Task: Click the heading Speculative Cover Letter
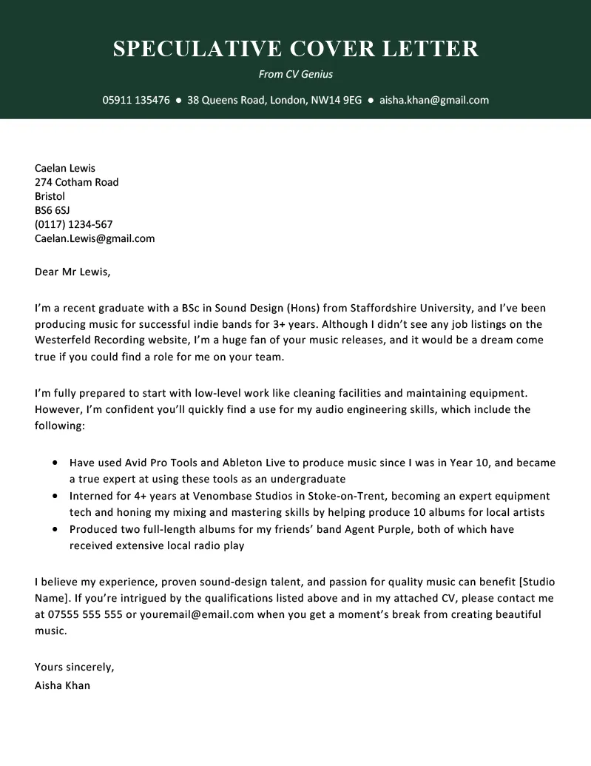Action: pos(296,49)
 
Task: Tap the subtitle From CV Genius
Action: pos(296,74)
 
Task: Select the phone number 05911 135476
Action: pos(136,100)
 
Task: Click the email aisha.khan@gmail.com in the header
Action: pos(434,100)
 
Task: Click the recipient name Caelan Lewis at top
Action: pos(65,168)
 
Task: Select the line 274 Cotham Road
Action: pos(76,182)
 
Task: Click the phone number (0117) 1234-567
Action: pos(73,224)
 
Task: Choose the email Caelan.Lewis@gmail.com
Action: pos(95,238)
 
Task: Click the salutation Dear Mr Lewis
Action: pos(72,272)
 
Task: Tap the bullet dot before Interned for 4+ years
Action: pos(56,497)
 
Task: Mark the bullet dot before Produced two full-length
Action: pos(56,530)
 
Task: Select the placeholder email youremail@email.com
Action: pos(191,614)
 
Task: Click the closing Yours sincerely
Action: pos(74,667)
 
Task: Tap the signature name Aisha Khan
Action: pos(62,685)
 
